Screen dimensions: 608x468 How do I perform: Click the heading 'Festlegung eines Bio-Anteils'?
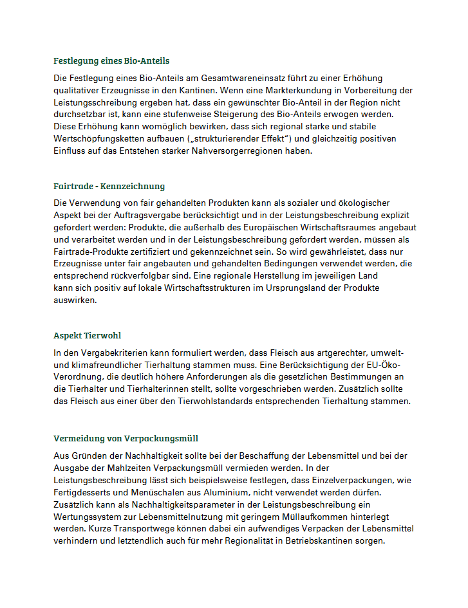[x=111, y=61]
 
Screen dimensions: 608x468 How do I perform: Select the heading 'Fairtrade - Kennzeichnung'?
[x=109, y=187]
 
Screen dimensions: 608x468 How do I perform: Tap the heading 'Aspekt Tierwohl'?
[x=87, y=336]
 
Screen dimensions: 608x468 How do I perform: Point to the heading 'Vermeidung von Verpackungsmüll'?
[x=126, y=439]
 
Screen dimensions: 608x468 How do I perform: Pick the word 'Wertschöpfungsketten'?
[x=97, y=139]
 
